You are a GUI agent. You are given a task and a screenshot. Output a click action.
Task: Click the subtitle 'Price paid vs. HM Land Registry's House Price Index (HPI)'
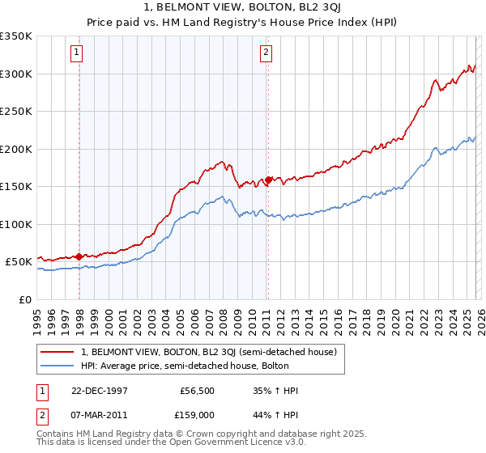pyautogui.click(x=243, y=21)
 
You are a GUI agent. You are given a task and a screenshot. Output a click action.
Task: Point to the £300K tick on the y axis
pyautogui.click(x=16, y=74)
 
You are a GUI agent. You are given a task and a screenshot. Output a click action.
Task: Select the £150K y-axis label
pyautogui.click(x=16, y=186)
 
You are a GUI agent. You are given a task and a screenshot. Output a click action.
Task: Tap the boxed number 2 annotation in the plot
pyautogui.click(x=266, y=53)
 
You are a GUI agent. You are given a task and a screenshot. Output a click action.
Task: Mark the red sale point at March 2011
pyautogui.click(x=268, y=180)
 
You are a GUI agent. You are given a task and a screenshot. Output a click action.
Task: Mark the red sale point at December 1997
pyautogui.click(x=79, y=256)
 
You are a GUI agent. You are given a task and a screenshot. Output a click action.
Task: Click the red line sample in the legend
pyautogui.click(x=58, y=352)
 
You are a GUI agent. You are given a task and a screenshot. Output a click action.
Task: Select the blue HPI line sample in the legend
pyautogui.click(x=58, y=366)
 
